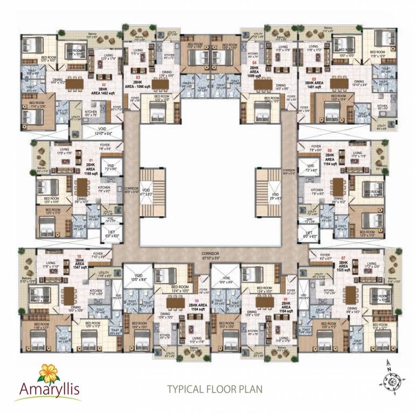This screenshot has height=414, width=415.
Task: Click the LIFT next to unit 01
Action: click(110, 234)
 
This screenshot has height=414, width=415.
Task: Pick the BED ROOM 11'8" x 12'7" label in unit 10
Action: click(37, 325)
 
